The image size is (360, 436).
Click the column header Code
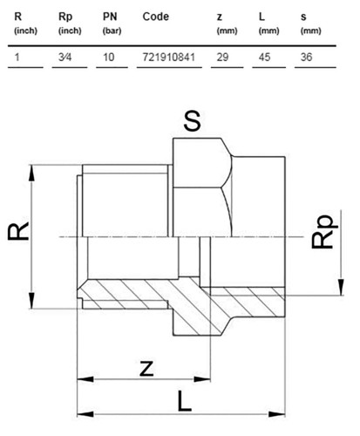tap(156, 17)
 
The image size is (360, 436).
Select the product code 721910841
tap(169, 57)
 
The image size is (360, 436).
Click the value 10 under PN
tap(109, 57)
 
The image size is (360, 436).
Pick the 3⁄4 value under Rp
tap(65, 57)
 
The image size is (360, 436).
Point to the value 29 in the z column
tap(222, 57)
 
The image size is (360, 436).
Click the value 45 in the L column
tap(264, 57)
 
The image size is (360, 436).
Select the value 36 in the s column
tap(306, 57)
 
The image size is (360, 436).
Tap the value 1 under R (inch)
tap(17, 57)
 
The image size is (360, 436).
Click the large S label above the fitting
tap(192, 120)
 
